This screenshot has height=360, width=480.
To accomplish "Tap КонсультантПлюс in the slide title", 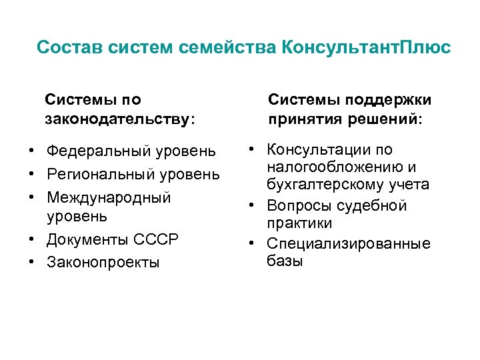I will click(x=366, y=48).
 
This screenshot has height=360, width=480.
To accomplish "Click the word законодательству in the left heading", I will click(x=117, y=119).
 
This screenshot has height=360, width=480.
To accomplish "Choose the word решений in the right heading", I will click(x=383, y=119).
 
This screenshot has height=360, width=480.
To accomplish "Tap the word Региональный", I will click(x=101, y=174).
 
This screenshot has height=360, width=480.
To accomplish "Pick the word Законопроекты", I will click(x=103, y=262).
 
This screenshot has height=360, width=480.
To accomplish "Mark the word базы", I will click(x=285, y=261).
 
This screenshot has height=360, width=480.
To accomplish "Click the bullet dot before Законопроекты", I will click(x=32, y=262).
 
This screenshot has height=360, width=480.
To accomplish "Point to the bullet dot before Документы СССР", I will click(x=32, y=239).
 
